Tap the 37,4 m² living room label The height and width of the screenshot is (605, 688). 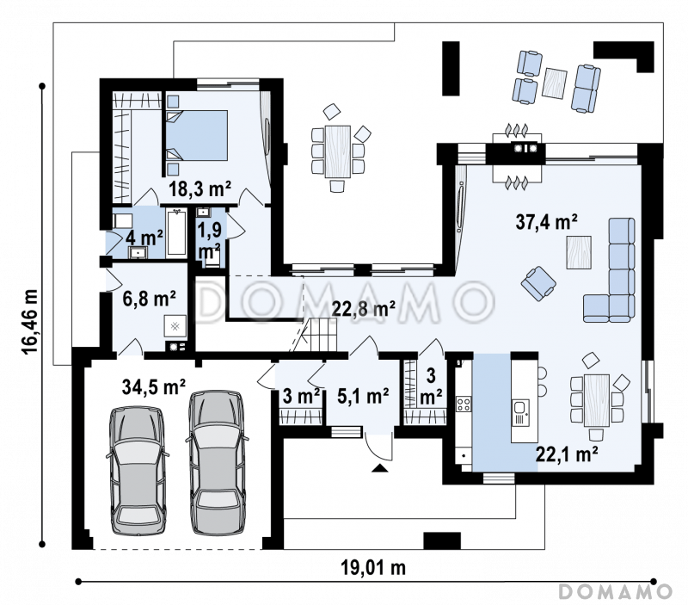(x=546, y=222)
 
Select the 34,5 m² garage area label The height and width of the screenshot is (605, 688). (x=154, y=386)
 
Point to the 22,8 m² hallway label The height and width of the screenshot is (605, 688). (x=363, y=309)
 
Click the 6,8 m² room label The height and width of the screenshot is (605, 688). (x=149, y=299)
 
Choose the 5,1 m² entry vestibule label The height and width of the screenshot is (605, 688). (x=363, y=396)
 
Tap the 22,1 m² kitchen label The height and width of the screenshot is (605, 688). (x=567, y=454)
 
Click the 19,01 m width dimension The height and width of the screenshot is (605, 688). (x=373, y=568)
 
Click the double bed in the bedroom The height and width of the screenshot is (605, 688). (x=197, y=135)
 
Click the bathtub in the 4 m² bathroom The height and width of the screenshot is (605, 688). (x=176, y=232)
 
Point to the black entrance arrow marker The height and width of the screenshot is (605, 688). (x=380, y=468)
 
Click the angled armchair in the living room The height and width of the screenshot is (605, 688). (x=538, y=284)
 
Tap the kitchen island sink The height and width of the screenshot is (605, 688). (x=520, y=413)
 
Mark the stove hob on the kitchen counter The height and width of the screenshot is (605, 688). (x=464, y=404)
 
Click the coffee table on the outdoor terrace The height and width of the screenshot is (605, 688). (x=554, y=83)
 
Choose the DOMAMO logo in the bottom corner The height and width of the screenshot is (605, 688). (x=615, y=592)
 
